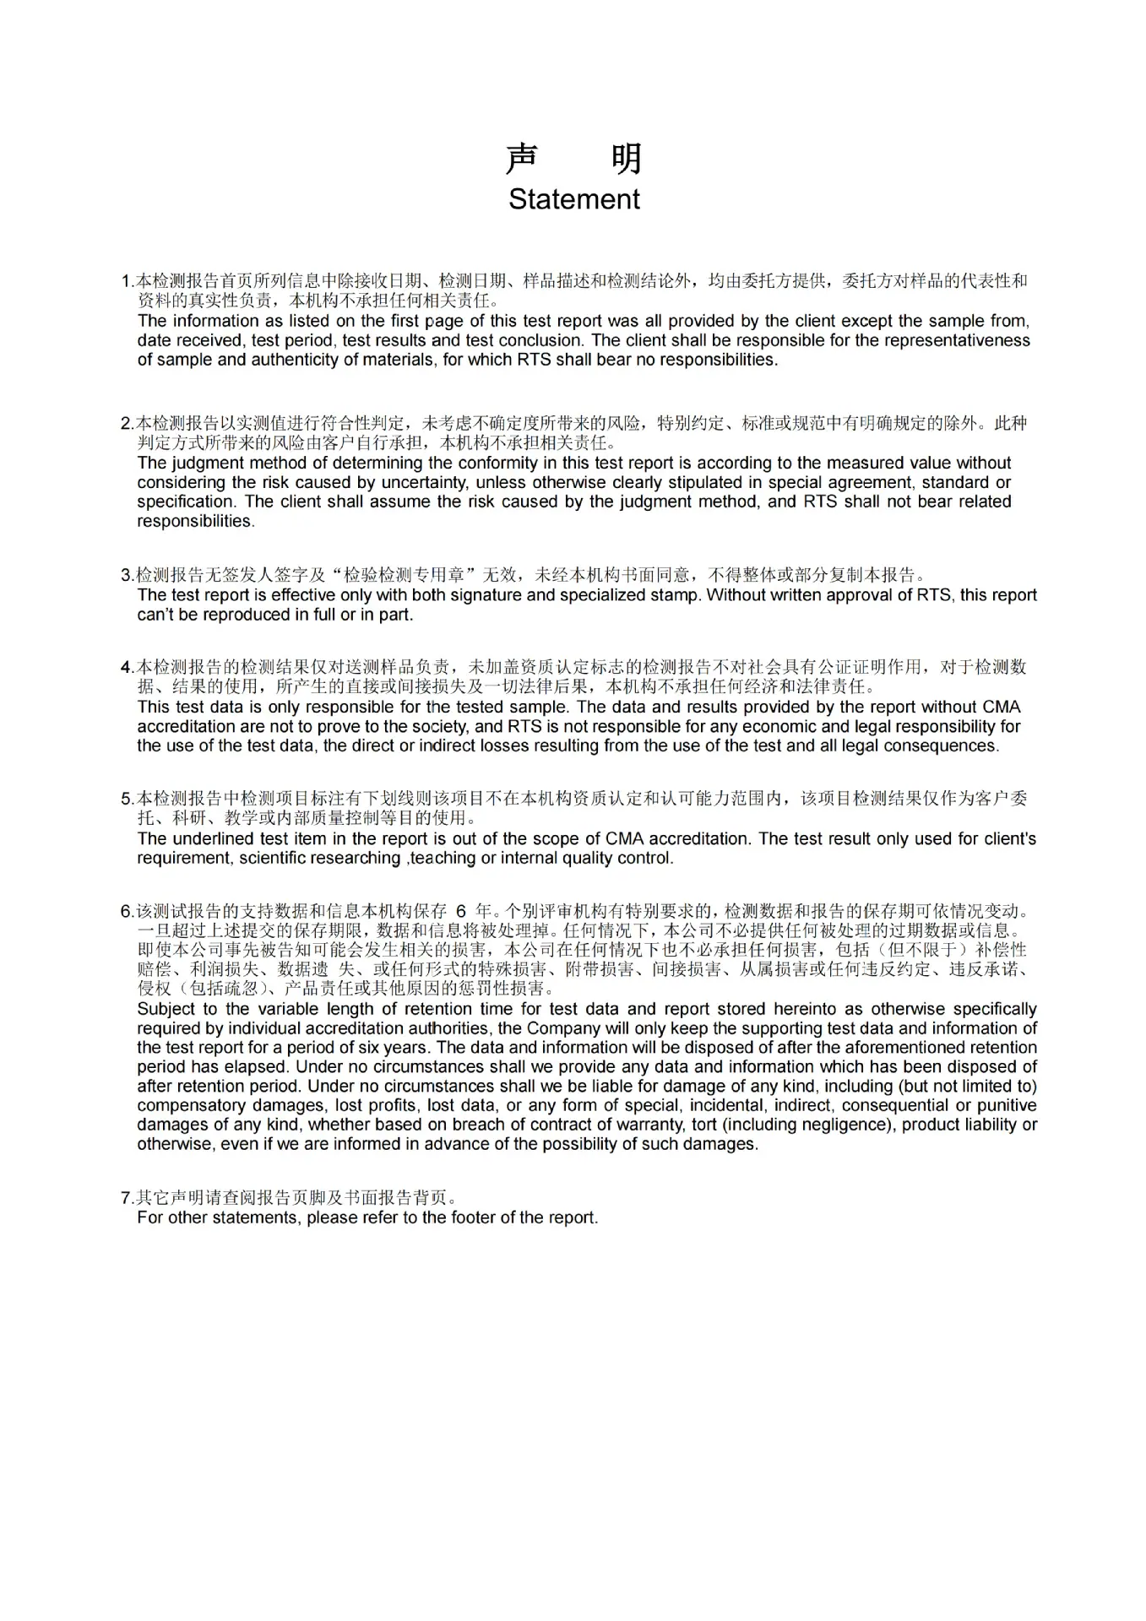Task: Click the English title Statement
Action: pyautogui.click(x=573, y=199)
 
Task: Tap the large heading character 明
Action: pyautogui.click(x=626, y=159)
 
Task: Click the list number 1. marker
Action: pyautogui.click(x=128, y=281)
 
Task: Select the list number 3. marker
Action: pyautogui.click(x=128, y=576)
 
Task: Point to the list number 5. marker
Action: pyautogui.click(x=128, y=799)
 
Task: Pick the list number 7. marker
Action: pyautogui.click(x=128, y=1198)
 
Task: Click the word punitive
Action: pyautogui.click(x=1006, y=1106)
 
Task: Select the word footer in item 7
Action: pyautogui.click(x=475, y=1218)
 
